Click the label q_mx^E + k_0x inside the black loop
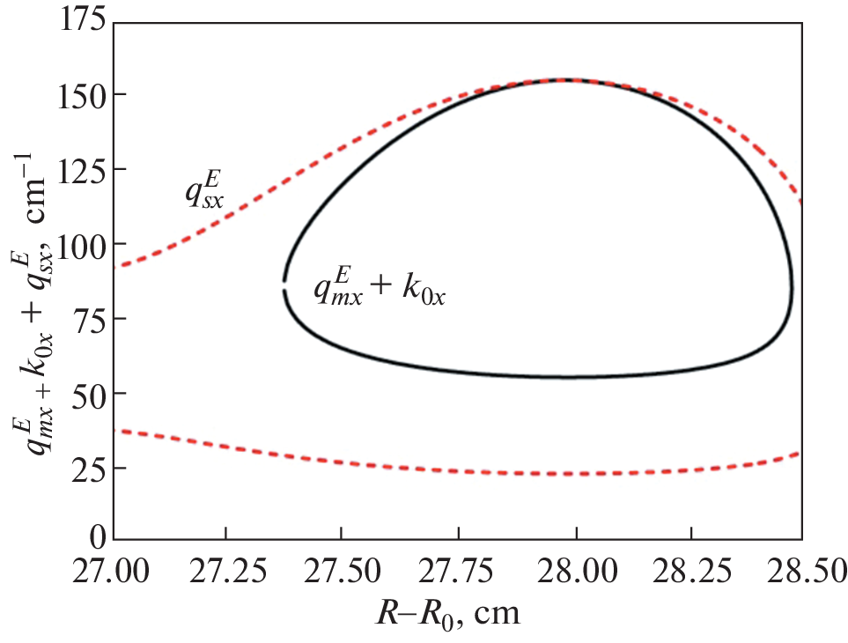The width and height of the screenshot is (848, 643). (380, 287)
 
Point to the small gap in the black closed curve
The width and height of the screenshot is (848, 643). (284, 286)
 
